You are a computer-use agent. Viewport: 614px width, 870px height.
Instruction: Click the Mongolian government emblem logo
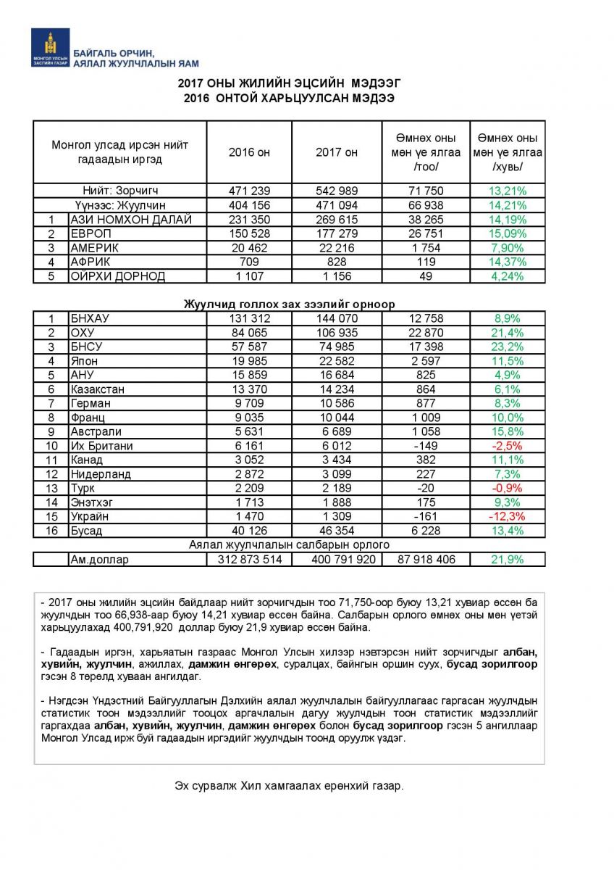50,48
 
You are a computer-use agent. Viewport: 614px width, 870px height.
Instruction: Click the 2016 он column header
249,152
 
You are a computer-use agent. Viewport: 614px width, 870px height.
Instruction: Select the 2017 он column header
336,152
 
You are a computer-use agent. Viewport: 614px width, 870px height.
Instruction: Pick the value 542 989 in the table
336,191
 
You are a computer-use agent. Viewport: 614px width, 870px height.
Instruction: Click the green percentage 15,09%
508,233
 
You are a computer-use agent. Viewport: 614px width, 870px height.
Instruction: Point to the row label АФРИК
90,262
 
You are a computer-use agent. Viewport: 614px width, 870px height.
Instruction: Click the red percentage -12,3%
508,516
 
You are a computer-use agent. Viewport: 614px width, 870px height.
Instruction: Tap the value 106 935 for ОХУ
336,333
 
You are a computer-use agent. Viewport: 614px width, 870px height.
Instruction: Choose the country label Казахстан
98,389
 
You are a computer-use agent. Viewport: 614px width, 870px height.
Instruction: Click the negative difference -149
426,446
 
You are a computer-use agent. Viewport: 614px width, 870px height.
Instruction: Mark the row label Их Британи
101,446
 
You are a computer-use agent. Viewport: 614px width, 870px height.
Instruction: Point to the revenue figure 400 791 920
336,560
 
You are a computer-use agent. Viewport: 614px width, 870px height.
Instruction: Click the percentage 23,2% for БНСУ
508,347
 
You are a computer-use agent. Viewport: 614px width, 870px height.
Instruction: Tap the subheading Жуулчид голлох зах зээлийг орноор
289,304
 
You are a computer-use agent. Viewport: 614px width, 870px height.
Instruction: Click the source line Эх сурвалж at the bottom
289,786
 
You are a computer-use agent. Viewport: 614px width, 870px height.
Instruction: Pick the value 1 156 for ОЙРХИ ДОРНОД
336,276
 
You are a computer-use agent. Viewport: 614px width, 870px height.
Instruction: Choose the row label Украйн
91,516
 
